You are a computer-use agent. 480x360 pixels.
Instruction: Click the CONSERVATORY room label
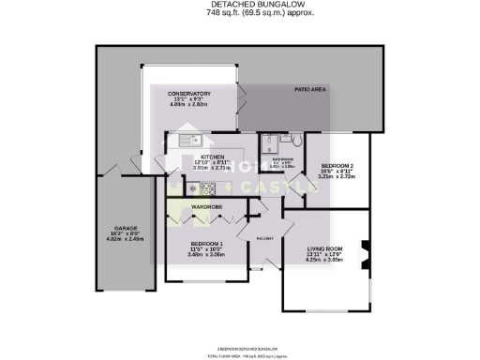click(x=188, y=94)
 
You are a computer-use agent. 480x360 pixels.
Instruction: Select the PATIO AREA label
click(x=309, y=89)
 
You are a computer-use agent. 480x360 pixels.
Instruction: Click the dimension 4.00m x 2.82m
click(x=188, y=105)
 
